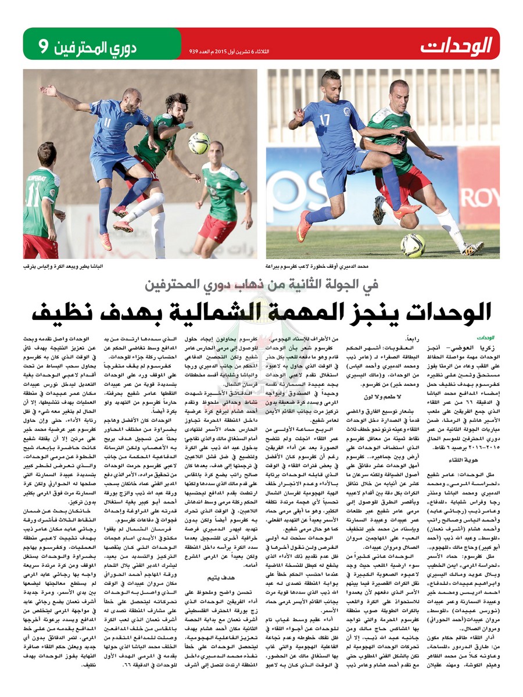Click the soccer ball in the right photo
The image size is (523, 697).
(413, 245)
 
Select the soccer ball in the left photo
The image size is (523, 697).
(198, 143)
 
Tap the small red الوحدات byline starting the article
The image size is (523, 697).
(485, 337)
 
